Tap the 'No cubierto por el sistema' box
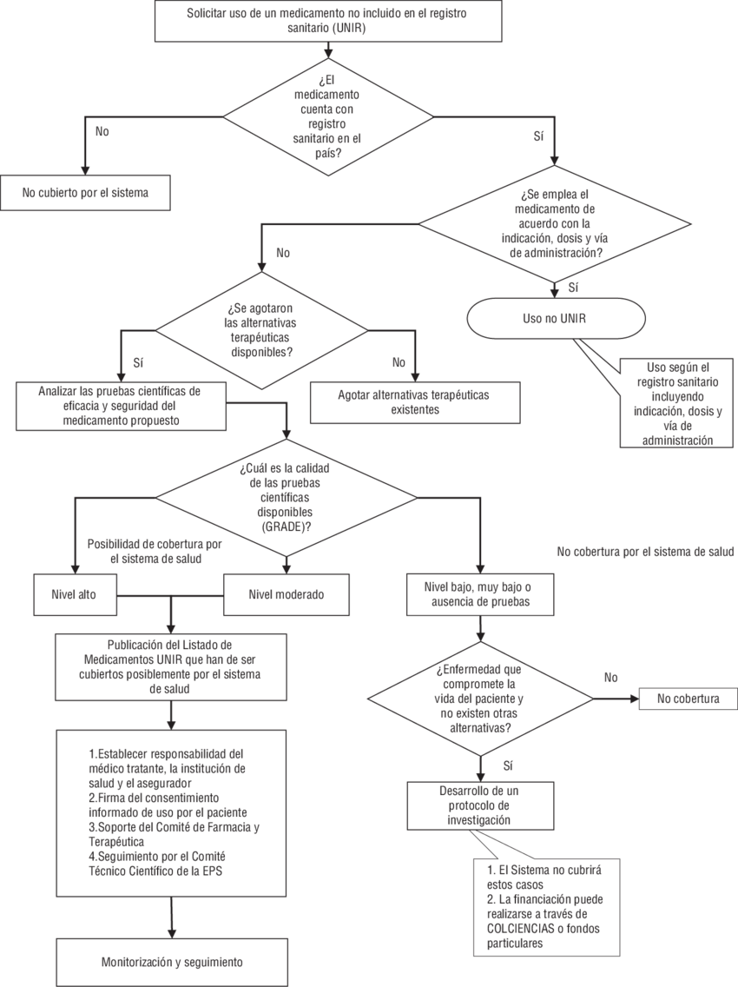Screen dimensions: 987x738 coord(85,193)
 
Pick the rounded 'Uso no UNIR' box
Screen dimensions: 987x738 coord(555,318)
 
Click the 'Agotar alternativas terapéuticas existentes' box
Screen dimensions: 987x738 coord(413,401)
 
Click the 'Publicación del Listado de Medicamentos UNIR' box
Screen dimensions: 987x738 coord(169,667)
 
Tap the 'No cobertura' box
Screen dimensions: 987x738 coord(689,698)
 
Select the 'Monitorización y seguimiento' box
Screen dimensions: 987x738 coord(171,962)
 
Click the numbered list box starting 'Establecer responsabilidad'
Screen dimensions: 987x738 coord(171,812)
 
